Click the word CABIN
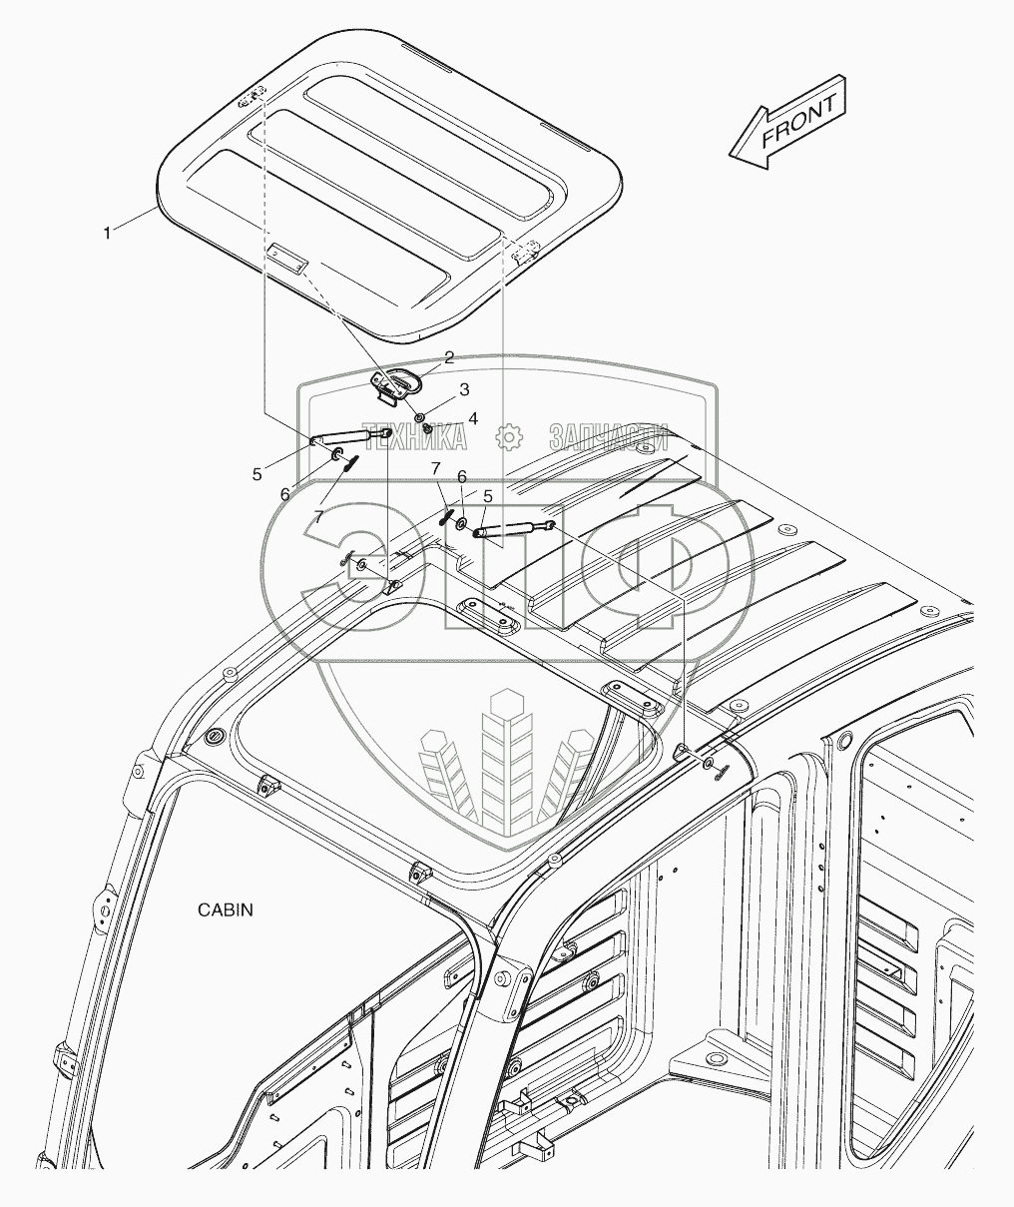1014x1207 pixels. pos(225,909)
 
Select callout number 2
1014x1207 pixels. pos(449,356)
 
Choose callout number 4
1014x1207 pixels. pos(473,418)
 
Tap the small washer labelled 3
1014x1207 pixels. pos(421,414)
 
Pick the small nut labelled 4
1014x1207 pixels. pos(428,428)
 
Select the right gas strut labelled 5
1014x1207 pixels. pos(513,530)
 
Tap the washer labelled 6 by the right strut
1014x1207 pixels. pos(463,524)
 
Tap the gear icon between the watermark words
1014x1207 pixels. pos(509,436)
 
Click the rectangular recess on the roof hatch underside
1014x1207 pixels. pos(287,259)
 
